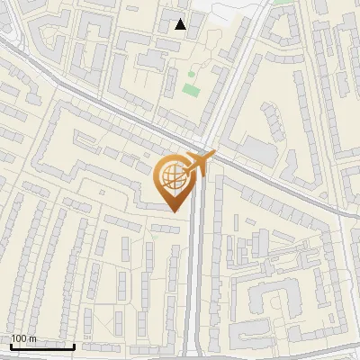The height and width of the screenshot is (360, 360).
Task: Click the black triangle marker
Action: point(181,24)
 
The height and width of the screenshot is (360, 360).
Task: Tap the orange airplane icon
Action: point(197,163)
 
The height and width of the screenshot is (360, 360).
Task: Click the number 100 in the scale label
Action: point(20,338)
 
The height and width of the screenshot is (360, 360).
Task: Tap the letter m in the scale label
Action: point(32,338)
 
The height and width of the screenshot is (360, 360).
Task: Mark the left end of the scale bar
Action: point(11,346)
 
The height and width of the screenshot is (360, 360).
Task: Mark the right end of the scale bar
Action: point(75,346)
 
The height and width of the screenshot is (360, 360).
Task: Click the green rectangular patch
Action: point(190,90)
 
